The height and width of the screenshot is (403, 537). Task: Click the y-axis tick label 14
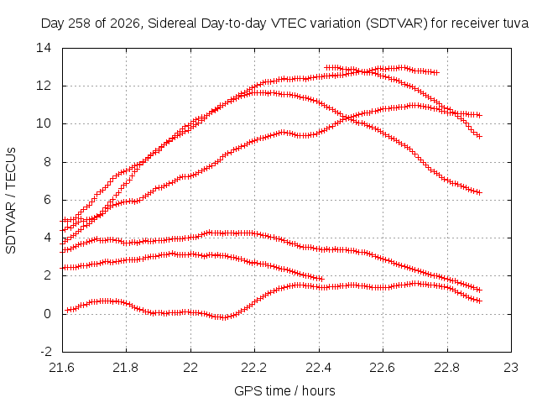44,48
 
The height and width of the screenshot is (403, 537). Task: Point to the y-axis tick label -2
46,352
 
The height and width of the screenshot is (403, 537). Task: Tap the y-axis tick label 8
47,162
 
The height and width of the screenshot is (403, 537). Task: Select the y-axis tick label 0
47,313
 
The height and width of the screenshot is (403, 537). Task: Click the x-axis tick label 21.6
61,368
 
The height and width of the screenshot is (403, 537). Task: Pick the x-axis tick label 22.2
254,368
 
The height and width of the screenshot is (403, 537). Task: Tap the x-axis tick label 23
511,368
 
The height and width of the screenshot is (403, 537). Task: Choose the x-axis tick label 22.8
447,368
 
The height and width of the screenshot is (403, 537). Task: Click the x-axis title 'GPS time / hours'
284,390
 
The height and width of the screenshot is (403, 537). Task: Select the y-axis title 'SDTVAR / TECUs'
11,201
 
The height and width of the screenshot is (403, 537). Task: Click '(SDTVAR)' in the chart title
397,24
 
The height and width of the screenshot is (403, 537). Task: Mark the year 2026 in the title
125,24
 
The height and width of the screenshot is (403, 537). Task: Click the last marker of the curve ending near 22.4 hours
321,279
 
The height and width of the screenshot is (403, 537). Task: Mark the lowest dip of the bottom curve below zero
223,317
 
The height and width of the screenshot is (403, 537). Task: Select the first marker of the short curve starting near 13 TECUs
327,67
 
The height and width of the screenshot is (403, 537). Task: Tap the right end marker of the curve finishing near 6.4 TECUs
479,192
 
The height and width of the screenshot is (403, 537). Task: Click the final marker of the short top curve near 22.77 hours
435,73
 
